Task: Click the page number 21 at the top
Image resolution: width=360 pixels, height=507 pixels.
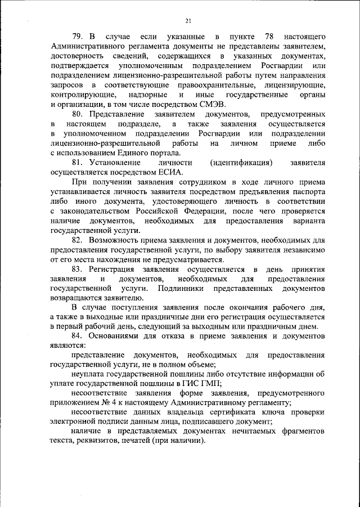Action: pos(188,21)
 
